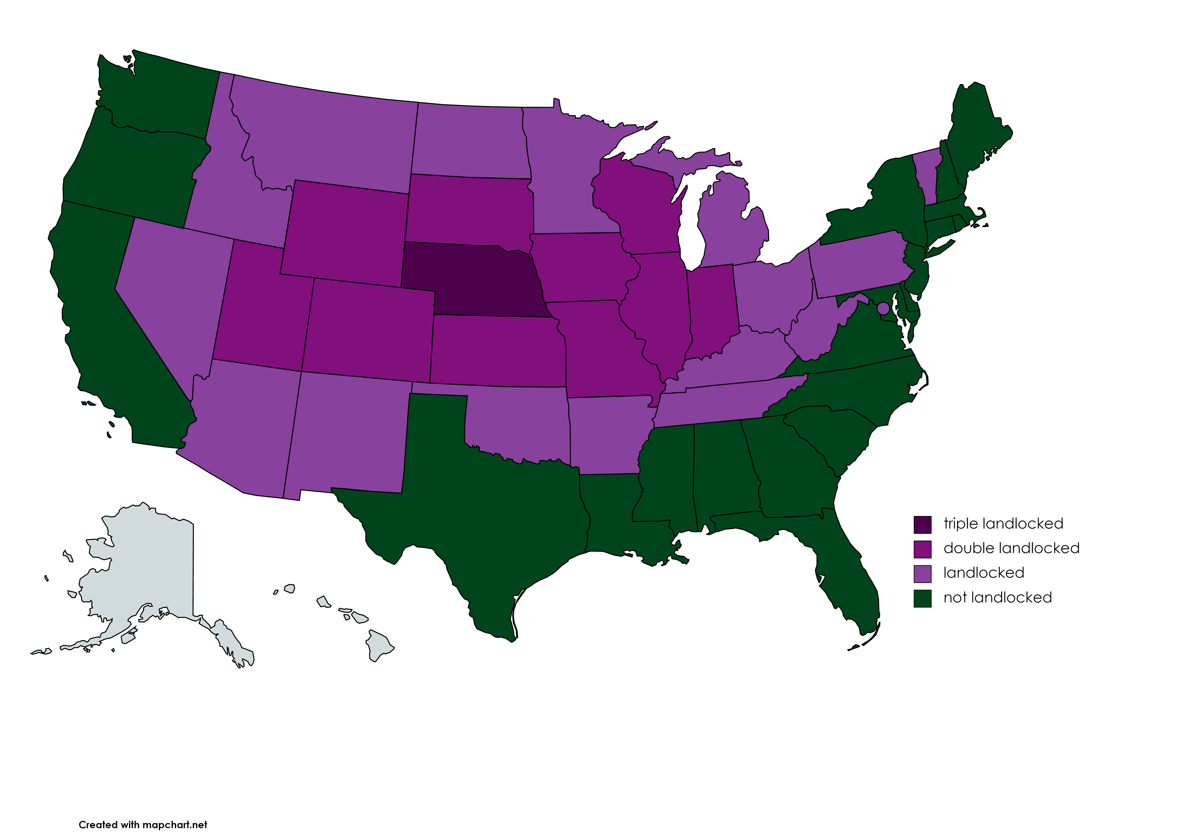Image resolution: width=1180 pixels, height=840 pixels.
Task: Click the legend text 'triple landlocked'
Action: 1003,523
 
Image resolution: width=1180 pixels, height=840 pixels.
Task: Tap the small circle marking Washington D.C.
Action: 883,308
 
